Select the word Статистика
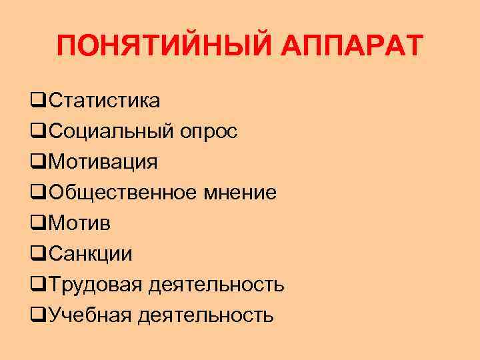(x=104, y=101)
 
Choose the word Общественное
(x=123, y=193)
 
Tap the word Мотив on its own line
(x=79, y=223)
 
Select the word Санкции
(x=90, y=253)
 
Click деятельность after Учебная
(x=205, y=315)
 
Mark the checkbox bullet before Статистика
(x=37, y=102)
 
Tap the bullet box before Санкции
(x=37, y=254)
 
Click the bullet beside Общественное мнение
(x=37, y=193)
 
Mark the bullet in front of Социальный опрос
(x=37, y=132)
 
